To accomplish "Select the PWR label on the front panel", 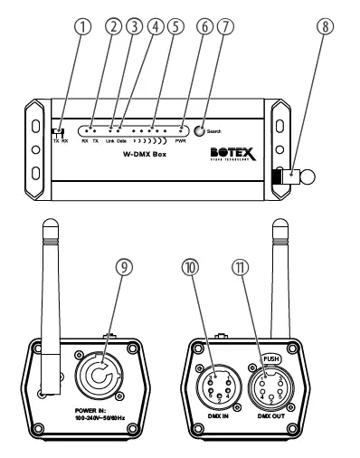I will click(180, 141).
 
